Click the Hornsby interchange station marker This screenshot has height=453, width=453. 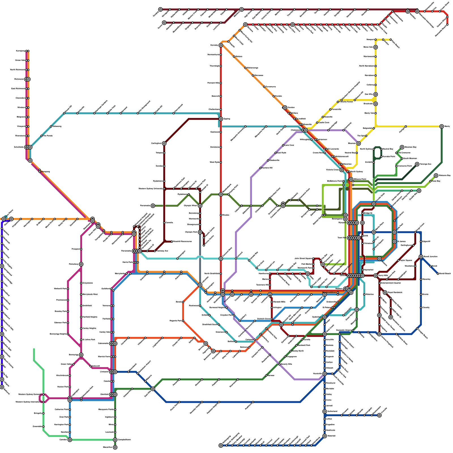[x=221, y=45]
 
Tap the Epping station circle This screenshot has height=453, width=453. [x=221, y=119]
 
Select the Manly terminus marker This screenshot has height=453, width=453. [x=442, y=126]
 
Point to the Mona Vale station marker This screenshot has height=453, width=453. [x=375, y=47]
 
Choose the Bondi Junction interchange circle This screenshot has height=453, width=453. [x=421, y=257]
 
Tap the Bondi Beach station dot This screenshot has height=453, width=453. [x=438, y=274]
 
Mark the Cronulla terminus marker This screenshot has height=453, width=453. [x=379, y=415]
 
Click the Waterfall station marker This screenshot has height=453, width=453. [x=325, y=436]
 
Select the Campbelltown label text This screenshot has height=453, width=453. [x=124, y=440]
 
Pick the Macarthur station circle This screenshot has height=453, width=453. [x=115, y=447]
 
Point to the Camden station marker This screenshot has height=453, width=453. [x=70, y=440]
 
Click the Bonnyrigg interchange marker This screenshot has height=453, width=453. [x=81, y=355]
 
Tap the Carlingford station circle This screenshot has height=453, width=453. [x=164, y=144]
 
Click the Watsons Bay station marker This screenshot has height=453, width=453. [x=436, y=176]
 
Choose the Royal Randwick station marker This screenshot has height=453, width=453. [x=385, y=292]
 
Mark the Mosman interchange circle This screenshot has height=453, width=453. [x=358, y=144]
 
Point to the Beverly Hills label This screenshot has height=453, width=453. [x=286, y=364]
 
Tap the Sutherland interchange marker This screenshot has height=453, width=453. [x=325, y=411]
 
